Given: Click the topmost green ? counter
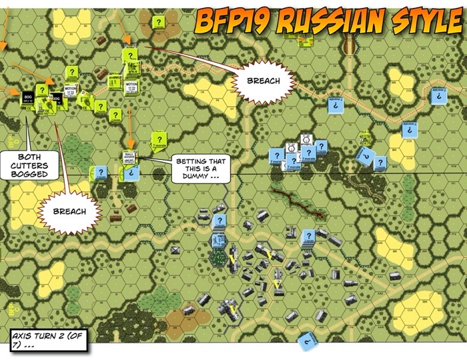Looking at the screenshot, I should [x=158, y=22].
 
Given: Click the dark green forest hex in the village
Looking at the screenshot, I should [x=219, y=257].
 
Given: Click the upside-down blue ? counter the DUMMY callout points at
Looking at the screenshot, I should [x=132, y=172].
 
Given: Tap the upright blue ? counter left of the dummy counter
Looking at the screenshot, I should [x=101, y=172].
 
